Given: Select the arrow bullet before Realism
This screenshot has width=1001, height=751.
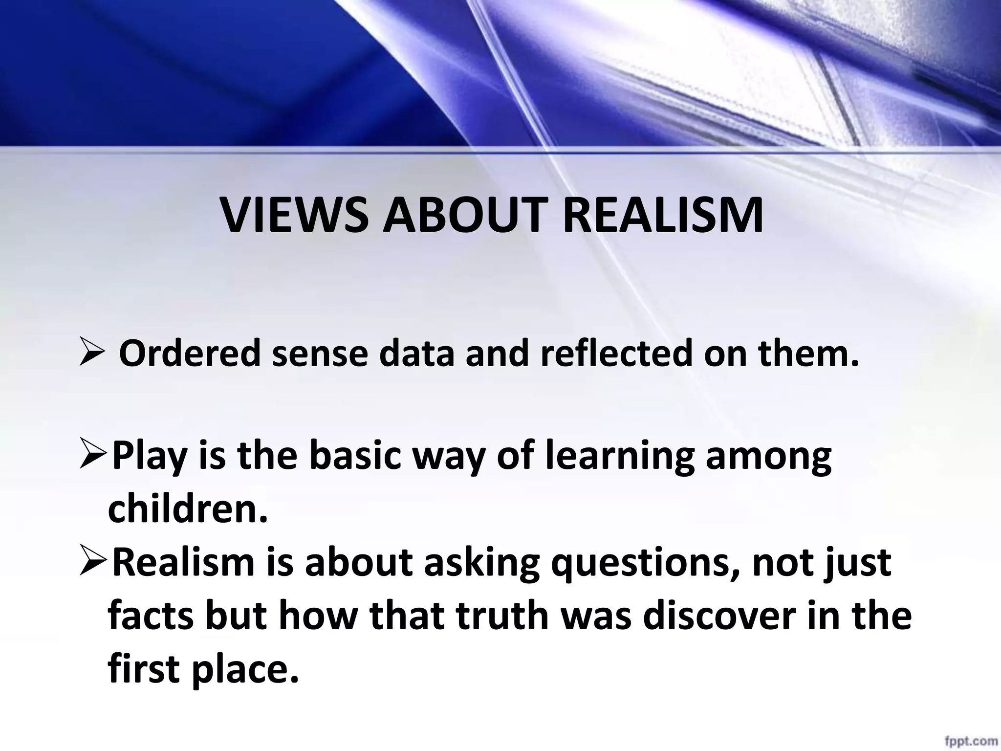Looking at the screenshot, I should pyautogui.click(x=93, y=563).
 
